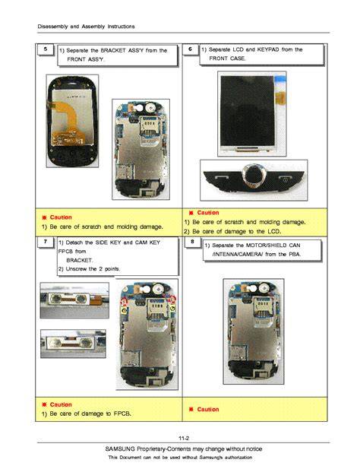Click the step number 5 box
coord(46,49)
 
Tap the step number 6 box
coord(190,49)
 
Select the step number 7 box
coord(46,242)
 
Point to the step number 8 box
coord(192,242)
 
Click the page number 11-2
coord(184,438)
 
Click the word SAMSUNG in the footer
coord(120,449)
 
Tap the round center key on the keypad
coord(253,176)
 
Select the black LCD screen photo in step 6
coord(252,114)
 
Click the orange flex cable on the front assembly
coord(67,122)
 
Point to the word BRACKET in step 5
coord(113,50)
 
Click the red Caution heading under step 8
coord(208,409)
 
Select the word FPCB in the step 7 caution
coord(122,414)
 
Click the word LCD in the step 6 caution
coord(273,231)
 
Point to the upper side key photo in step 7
coord(74,300)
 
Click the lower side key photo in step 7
coord(73,344)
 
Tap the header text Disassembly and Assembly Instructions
coord(86,27)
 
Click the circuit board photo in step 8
coord(254,331)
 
